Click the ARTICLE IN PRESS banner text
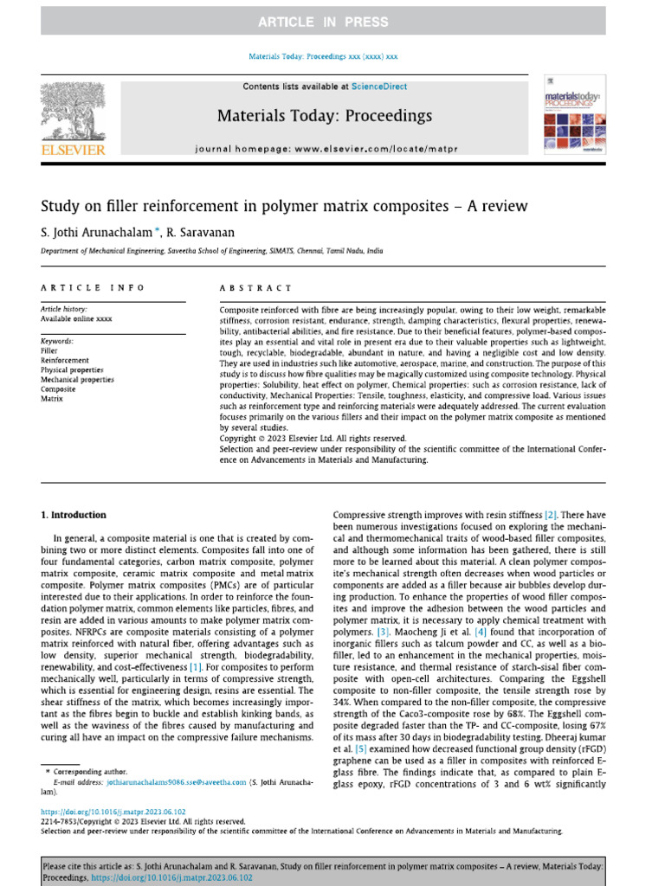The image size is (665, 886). (332, 22)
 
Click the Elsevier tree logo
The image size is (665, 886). (74, 118)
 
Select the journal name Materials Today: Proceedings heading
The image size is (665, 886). (324, 115)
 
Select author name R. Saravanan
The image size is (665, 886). (208, 232)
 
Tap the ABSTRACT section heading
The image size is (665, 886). (256, 287)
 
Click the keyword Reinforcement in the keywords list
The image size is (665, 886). (64, 360)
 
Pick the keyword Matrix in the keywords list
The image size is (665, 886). (52, 399)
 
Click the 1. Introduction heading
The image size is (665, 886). (74, 515)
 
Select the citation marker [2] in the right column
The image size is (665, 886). (551, 515)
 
